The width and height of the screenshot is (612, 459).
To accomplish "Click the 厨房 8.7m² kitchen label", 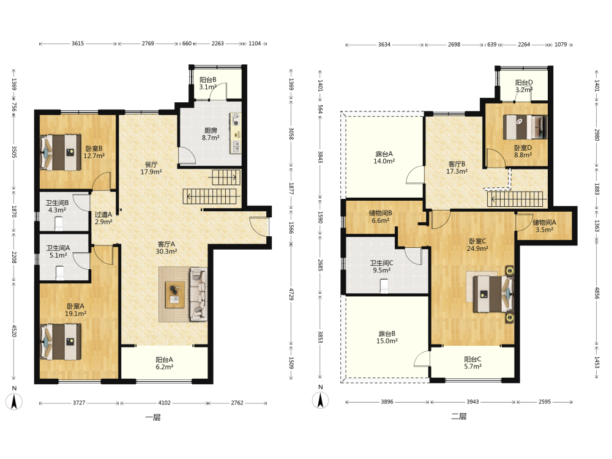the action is tap(211, 134).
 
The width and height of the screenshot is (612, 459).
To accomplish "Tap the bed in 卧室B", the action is tap(61, 152).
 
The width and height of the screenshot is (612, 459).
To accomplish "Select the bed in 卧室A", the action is tap(61, 342).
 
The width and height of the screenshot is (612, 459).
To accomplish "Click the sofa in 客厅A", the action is tap(198, 294).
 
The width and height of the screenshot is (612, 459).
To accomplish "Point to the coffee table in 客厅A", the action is tap(174, 295).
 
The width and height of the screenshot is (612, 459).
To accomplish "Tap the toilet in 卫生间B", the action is tap(59, 224).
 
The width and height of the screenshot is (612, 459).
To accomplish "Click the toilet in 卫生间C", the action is tap(384, 286).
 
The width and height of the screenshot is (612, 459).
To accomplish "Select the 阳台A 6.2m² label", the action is tap(164, 363).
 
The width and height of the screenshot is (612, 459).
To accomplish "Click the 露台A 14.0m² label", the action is tap(384, 157).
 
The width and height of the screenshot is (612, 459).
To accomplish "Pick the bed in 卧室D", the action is tap(525, 127).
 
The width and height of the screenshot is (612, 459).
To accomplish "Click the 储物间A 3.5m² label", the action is tap(545, 226).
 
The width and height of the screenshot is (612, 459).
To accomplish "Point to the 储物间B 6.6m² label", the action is tap(381, 217).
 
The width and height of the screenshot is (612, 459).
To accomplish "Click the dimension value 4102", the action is tap(164, 403).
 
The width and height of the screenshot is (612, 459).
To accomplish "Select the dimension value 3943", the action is tap(472, 401).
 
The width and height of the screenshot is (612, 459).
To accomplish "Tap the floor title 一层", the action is tap(153, 417).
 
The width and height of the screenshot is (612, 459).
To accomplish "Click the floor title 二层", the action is tap(459, 416).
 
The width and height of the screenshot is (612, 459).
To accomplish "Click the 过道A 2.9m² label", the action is tap(103, 218).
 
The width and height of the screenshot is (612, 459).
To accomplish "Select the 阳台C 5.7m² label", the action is tap(472, 362).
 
